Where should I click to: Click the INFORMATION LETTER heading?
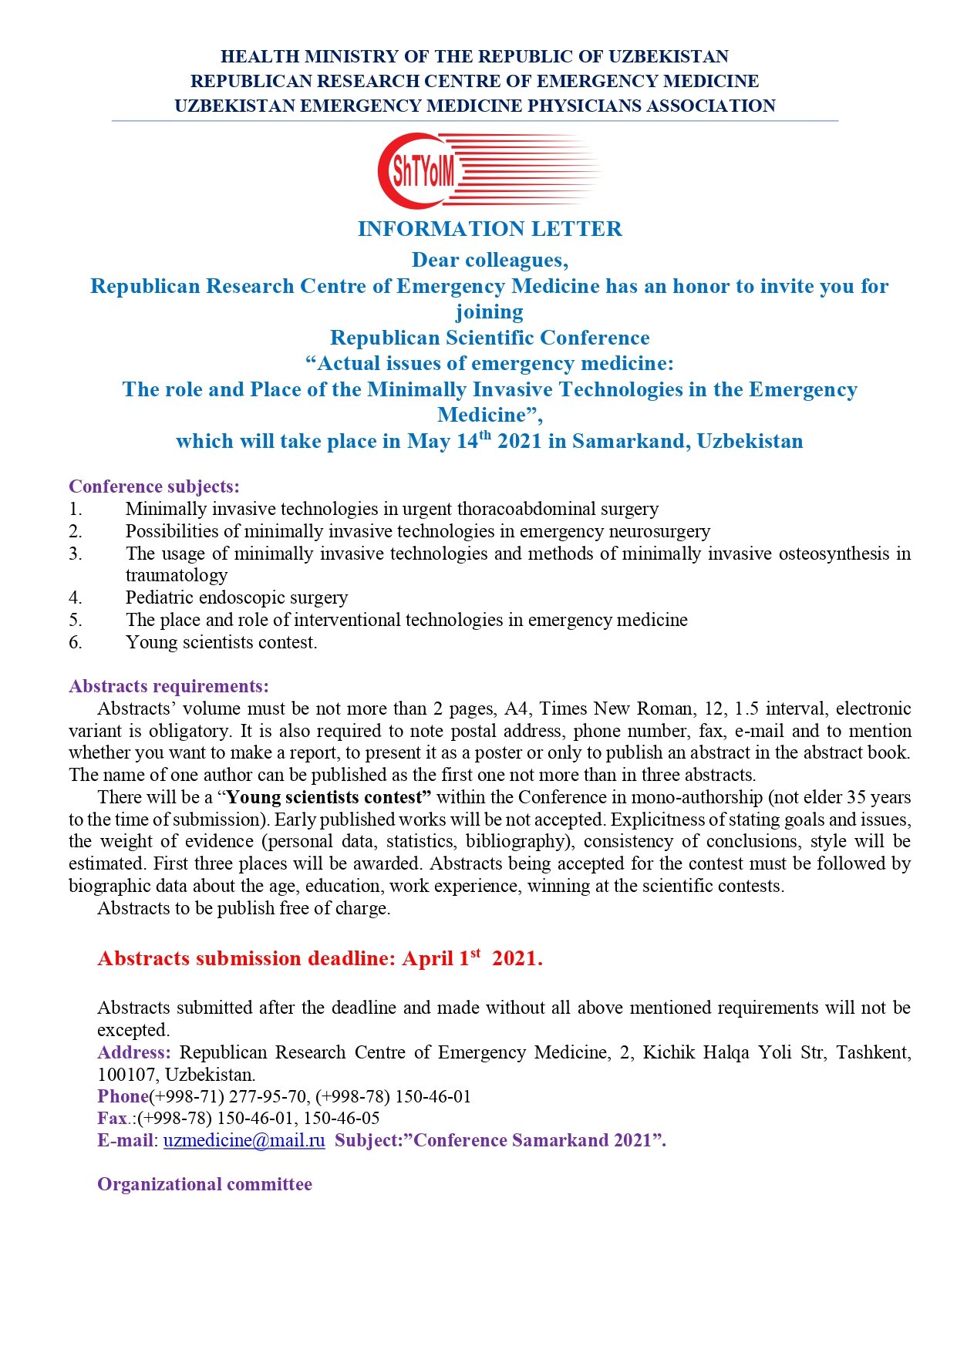click(x=490, y=229)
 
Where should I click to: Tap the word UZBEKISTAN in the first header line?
click(x=668, y=56)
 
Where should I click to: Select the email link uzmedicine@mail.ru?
click(x=244, y=1140)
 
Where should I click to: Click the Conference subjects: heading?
click(x=154, y=486)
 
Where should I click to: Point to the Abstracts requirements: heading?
click(x=169, y=686)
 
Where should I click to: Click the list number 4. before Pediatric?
click(x=76, y=597)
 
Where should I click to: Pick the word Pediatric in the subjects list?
click(x=160, y=597)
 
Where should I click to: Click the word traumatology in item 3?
click(x=177, y=575)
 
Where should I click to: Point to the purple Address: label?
click(x=133, y=1052)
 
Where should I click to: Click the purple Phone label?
click(x=123, y=1096)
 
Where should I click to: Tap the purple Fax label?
click(x=112, y=1118)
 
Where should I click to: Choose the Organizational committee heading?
click(x=204, y=1184)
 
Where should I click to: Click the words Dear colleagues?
click(x=490, y=260)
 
